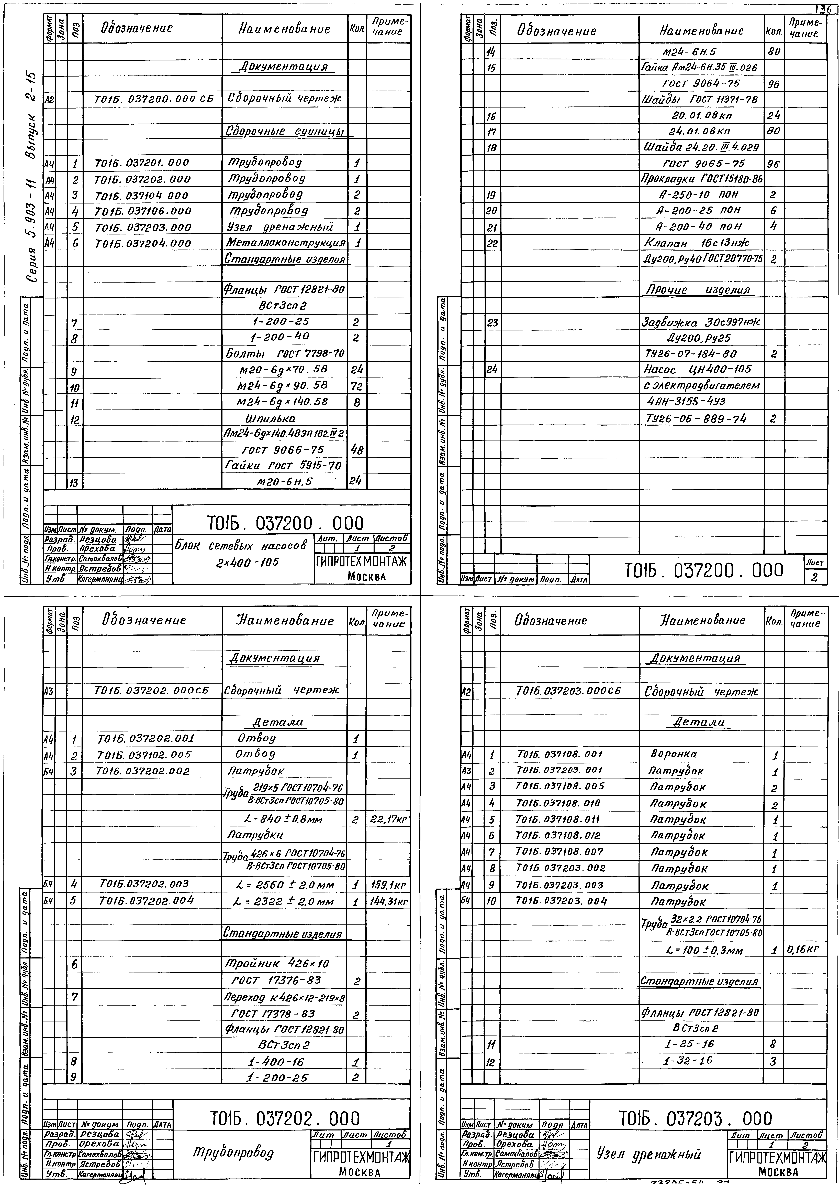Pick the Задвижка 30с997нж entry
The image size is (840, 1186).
pyautogui.click(x=701, y=322)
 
